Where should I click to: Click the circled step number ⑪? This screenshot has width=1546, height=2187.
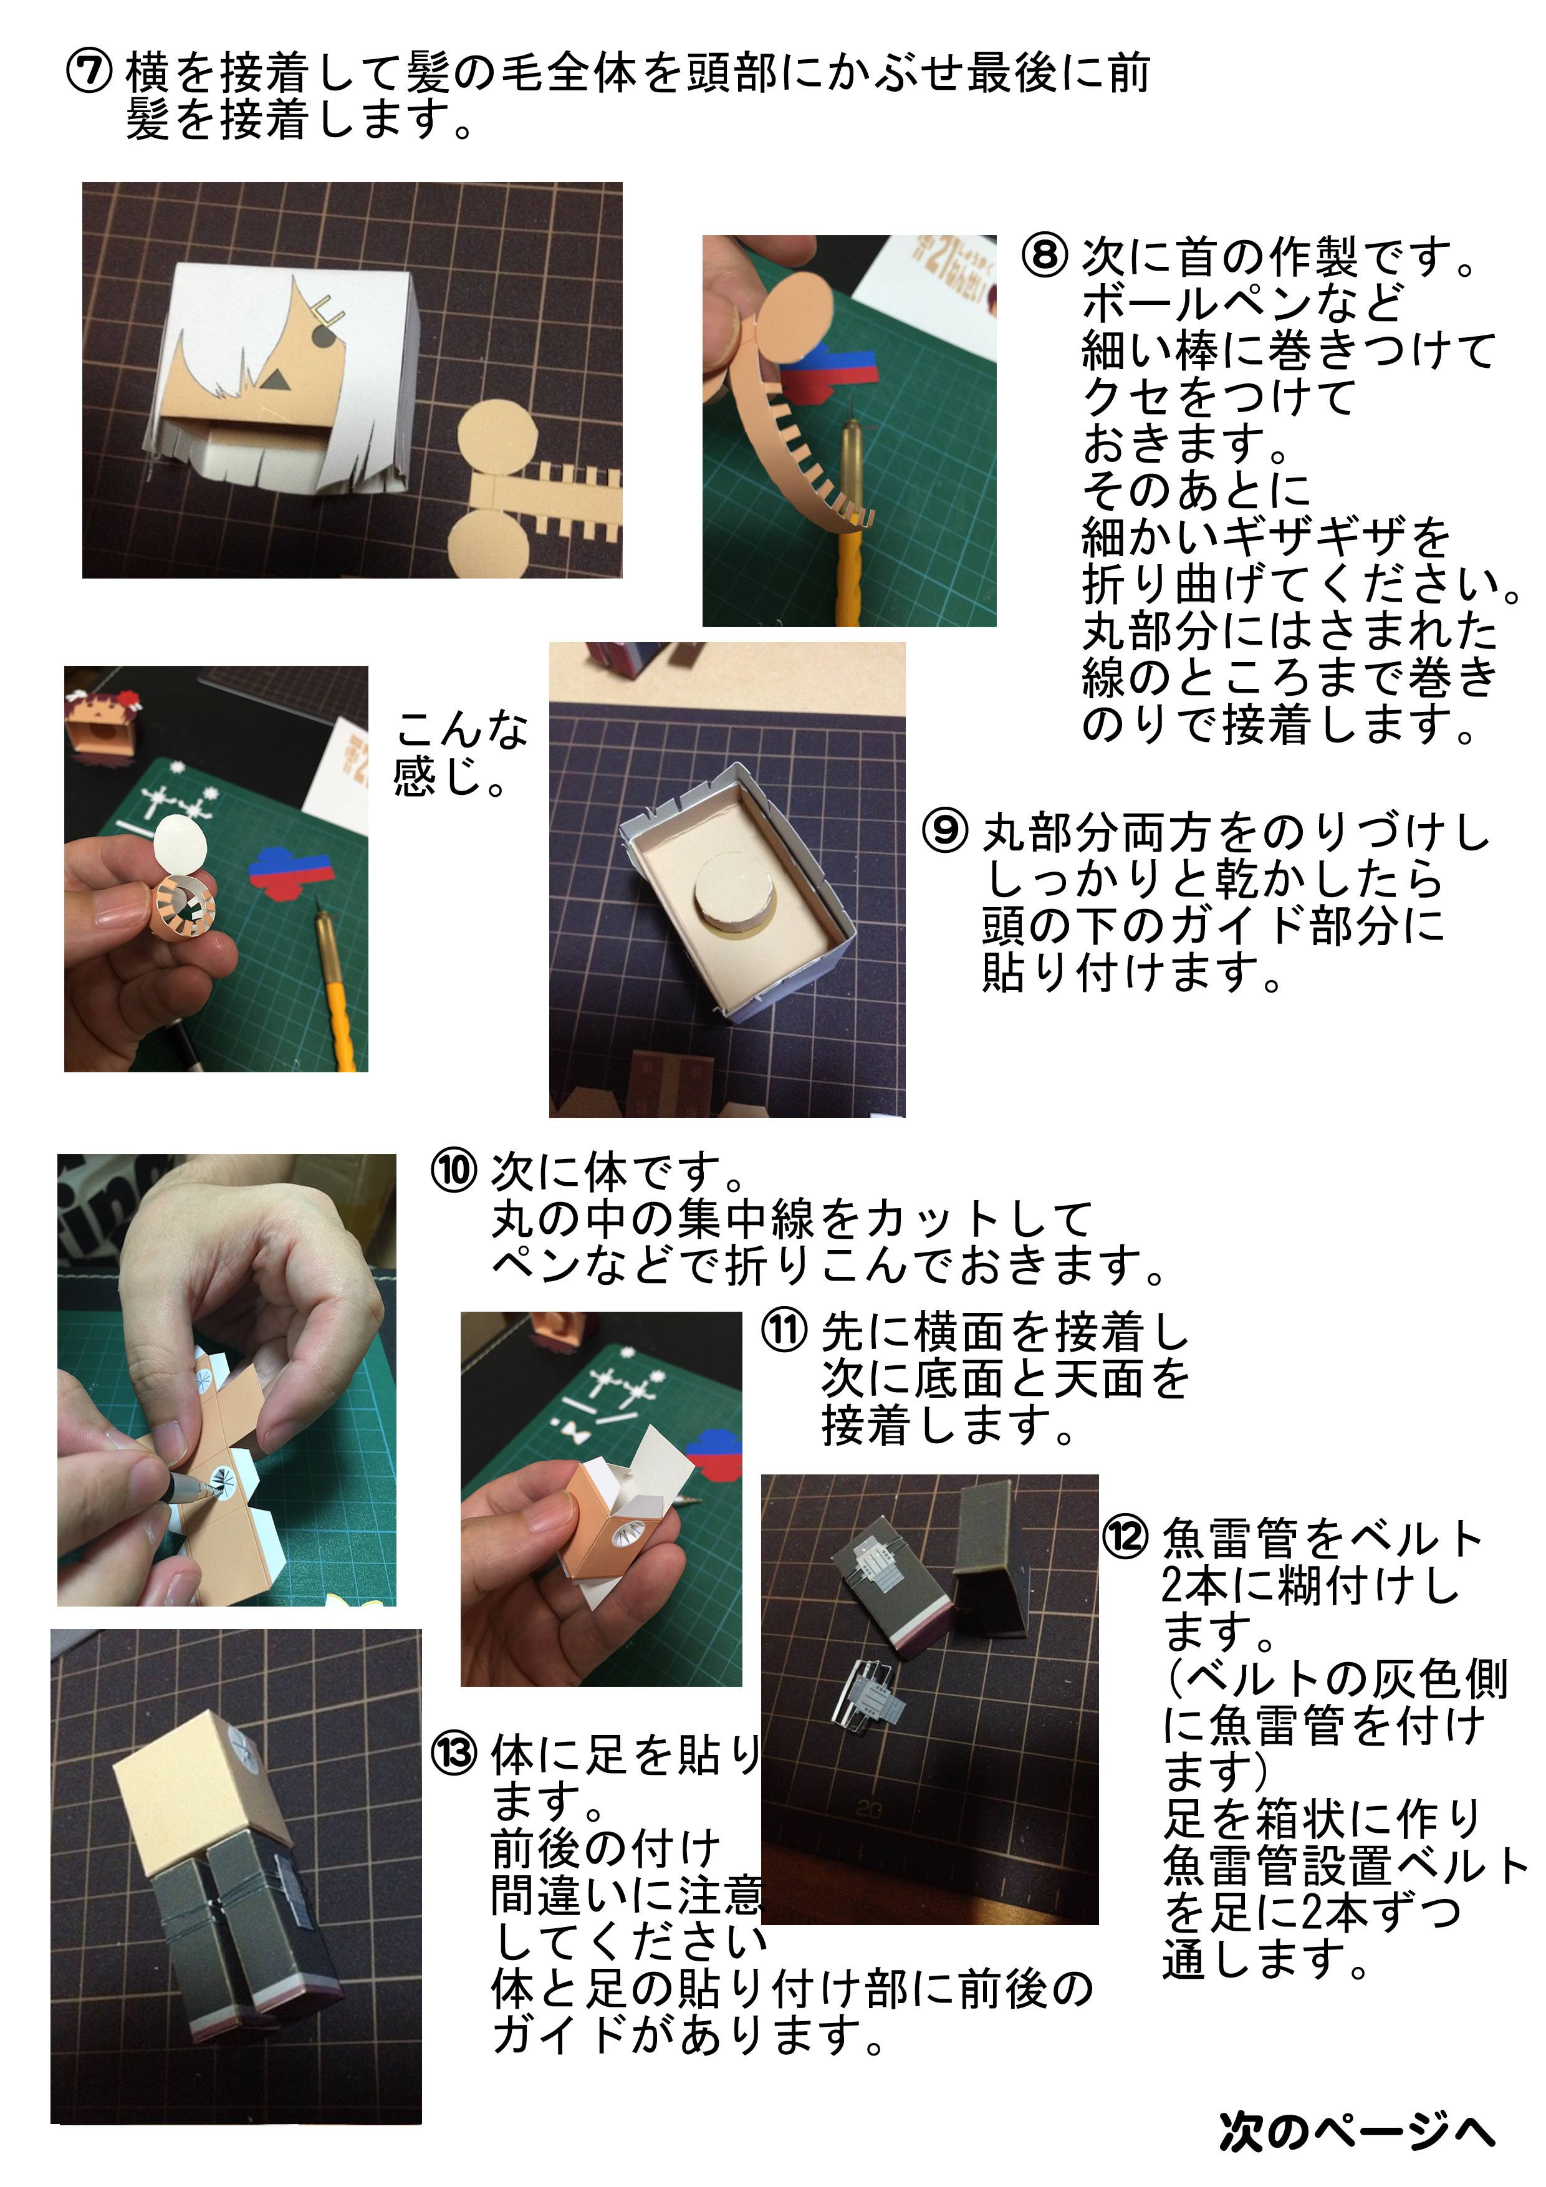[784, 1330]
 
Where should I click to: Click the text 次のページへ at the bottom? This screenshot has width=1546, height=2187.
[1356, 2131]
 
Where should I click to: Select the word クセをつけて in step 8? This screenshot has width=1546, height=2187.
[1217, 397]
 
